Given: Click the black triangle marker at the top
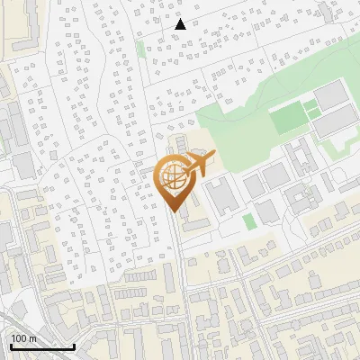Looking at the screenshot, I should [x=180, y=24].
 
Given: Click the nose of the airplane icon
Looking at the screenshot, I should [x=213, y=155].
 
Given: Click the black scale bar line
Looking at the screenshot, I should [x=42, y=346].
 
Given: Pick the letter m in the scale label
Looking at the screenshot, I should [x=32, y=338].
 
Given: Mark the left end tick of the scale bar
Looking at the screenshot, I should [x=11, y=345].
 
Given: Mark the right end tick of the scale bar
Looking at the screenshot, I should [x=74, y=345].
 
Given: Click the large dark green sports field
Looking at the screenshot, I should [x=289, y=118].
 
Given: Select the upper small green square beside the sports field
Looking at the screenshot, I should [x=310, y=105].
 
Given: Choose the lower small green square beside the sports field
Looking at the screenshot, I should [x=312, y=115].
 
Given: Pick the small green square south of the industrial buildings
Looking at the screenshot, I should [x=249, y=220].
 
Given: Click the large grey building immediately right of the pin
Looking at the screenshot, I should [x=219, y=193].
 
